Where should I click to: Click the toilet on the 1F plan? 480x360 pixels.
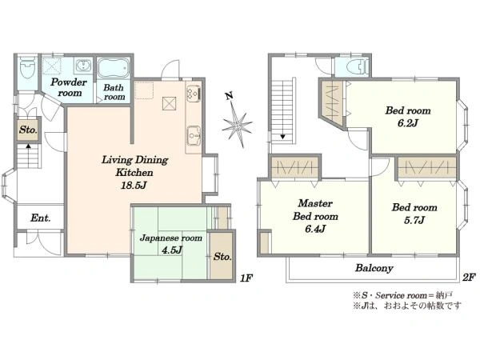click(x=27, y=68)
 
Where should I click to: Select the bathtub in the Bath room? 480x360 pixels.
click(x=114, y=67)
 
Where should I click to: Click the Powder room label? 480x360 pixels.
click(x=69, y=87)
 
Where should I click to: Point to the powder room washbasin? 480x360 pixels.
click(x=82, y=66)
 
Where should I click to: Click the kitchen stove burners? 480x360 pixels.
click(x=194, y=93)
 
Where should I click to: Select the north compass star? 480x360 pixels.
click(x=238, y=124)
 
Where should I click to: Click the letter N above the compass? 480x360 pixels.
click(x=230, y=96)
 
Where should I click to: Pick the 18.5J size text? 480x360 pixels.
click(x=134, y=185)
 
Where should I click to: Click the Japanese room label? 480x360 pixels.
click(x=171, y=238)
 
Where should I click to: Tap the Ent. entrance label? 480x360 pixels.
click(x=41, y=218)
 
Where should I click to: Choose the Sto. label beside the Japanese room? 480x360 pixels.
click(x=222, y=256)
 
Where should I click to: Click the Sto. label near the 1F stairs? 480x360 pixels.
click(x=28, y=130)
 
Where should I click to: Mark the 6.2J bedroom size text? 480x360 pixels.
click(x=408, y=123)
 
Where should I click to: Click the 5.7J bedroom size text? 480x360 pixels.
click(x=414, y=220)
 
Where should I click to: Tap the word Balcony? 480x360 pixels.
click(x=374, y=268)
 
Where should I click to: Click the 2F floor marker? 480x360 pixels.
click(x=469, y=278)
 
